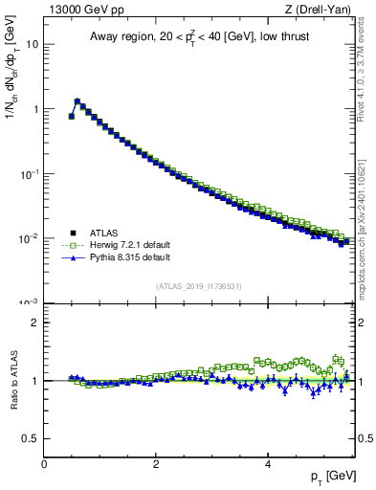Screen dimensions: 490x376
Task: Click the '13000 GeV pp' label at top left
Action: pos(81,11)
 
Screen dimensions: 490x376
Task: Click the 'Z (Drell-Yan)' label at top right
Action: pos(319,11)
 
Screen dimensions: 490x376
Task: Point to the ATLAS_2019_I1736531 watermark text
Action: pos(199,285)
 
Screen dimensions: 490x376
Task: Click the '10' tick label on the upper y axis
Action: pos(32,44)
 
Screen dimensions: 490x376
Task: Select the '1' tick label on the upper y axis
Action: pos(34,109)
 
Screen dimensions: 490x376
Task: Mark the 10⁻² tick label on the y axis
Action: pos(29,238)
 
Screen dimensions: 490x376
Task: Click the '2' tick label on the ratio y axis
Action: pos(34,323)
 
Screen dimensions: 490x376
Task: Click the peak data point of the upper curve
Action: pos(77,100)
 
